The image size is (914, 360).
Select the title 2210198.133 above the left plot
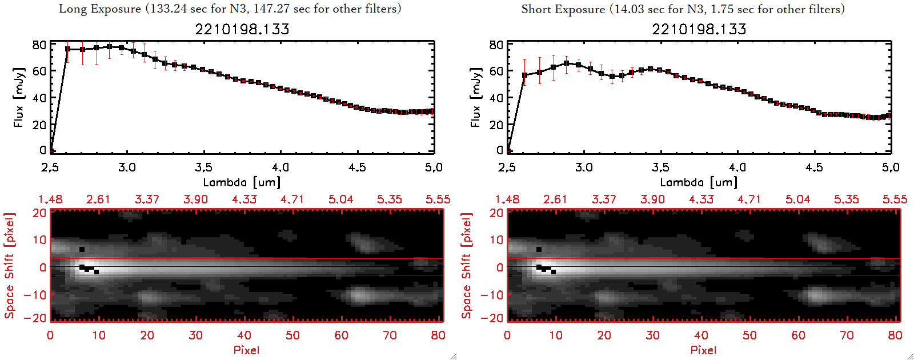point(242,29)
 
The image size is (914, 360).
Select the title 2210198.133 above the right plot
point(699,29)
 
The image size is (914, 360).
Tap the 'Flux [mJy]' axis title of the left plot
point(19,97)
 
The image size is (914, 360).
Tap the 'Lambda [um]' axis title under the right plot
point(699,182)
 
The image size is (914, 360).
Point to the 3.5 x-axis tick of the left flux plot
point(203,167)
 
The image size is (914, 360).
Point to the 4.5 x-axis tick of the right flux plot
point(814,167)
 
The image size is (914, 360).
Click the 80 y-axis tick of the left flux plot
point(39,45)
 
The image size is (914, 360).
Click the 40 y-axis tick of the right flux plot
point(496,98)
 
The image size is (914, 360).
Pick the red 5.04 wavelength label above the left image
point(340,199)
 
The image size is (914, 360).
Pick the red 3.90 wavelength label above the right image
point(652,199)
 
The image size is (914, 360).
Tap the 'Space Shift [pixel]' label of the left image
point(9,266)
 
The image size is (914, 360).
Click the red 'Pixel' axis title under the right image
point(703,350)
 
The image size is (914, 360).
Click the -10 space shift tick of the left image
point(35,295)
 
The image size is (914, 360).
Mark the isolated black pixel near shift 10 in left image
point(82,249)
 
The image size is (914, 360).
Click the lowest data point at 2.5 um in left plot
point(51,151)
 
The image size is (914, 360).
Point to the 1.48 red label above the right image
point(507,199)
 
